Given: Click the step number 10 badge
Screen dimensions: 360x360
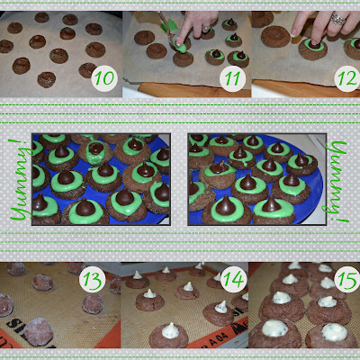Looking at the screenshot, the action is [104, 78].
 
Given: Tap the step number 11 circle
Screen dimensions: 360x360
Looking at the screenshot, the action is [232, 78].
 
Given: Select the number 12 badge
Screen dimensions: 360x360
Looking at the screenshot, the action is [347, 78].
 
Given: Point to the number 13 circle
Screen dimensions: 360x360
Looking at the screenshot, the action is [92, 279].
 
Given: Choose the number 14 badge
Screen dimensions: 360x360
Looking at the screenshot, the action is [234, 279].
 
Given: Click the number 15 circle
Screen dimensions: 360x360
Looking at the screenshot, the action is [347, 279].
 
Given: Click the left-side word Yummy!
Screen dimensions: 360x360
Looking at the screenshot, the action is [20, 179].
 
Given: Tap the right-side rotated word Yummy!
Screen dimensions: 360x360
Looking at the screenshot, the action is [338, 182].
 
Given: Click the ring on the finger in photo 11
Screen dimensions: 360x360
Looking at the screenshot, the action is [205, 29].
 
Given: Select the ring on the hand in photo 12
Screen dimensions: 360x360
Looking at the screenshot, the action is [337, 19].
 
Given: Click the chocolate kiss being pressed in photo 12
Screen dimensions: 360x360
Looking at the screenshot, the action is [314, 44].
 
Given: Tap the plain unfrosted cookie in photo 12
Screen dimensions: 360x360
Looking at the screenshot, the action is [275, 37].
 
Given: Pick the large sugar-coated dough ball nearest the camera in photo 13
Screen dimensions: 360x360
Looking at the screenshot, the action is [39, 332].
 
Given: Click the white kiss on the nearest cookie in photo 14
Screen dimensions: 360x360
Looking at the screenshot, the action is [170, 330].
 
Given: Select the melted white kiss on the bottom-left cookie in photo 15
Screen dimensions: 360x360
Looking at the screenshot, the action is [274, 328].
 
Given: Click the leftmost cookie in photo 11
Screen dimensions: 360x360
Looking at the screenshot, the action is [144, 38].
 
